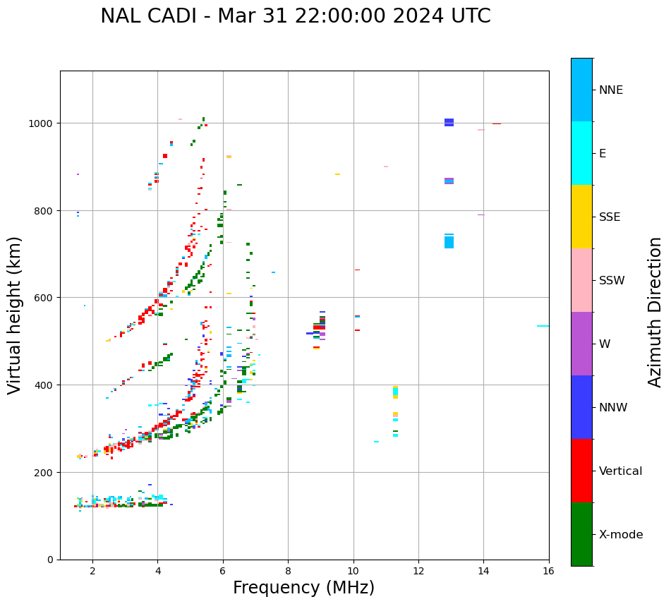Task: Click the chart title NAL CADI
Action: (295, 16)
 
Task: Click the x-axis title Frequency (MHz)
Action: (303, 588)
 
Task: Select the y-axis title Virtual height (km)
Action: (15, 315)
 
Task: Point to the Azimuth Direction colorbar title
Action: (655, 312)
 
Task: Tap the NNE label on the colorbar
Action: (610, 90)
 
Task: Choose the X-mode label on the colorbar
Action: (620, 535)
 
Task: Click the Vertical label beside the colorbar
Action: (620, 471)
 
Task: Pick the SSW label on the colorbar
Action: (611, 280)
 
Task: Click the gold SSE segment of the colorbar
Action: (581, 217)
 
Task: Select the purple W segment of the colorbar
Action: (581, 344)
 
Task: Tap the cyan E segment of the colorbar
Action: (581, 153)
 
